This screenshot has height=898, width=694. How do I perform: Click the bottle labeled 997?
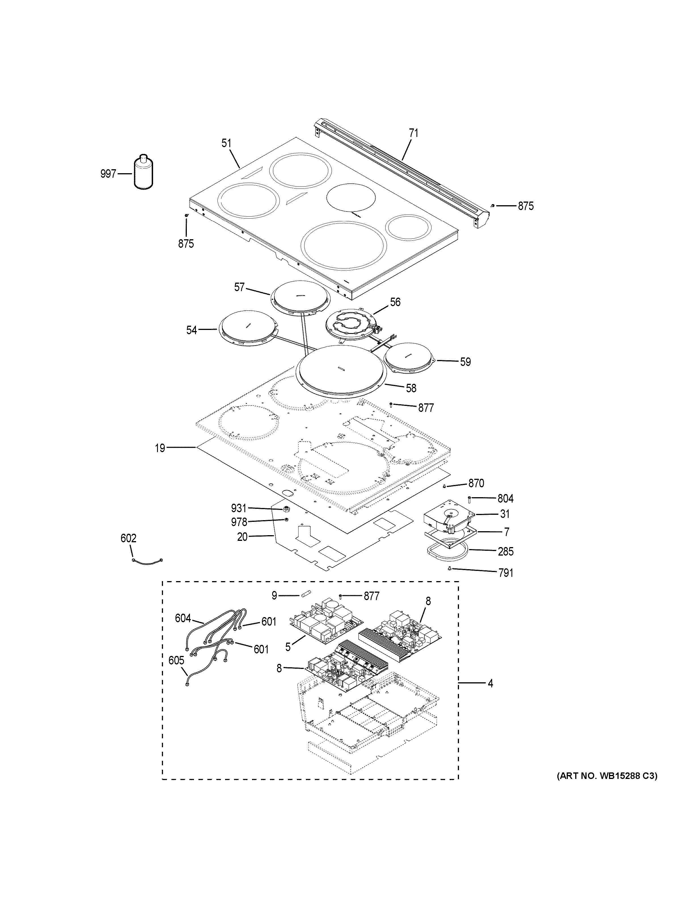pos(143,173)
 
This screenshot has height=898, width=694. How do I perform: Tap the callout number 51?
pos(227,143)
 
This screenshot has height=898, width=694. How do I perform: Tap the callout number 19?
pos(160,448)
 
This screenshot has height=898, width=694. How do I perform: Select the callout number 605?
pos(176,661)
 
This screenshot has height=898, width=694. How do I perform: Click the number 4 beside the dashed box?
pos(490,683)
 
